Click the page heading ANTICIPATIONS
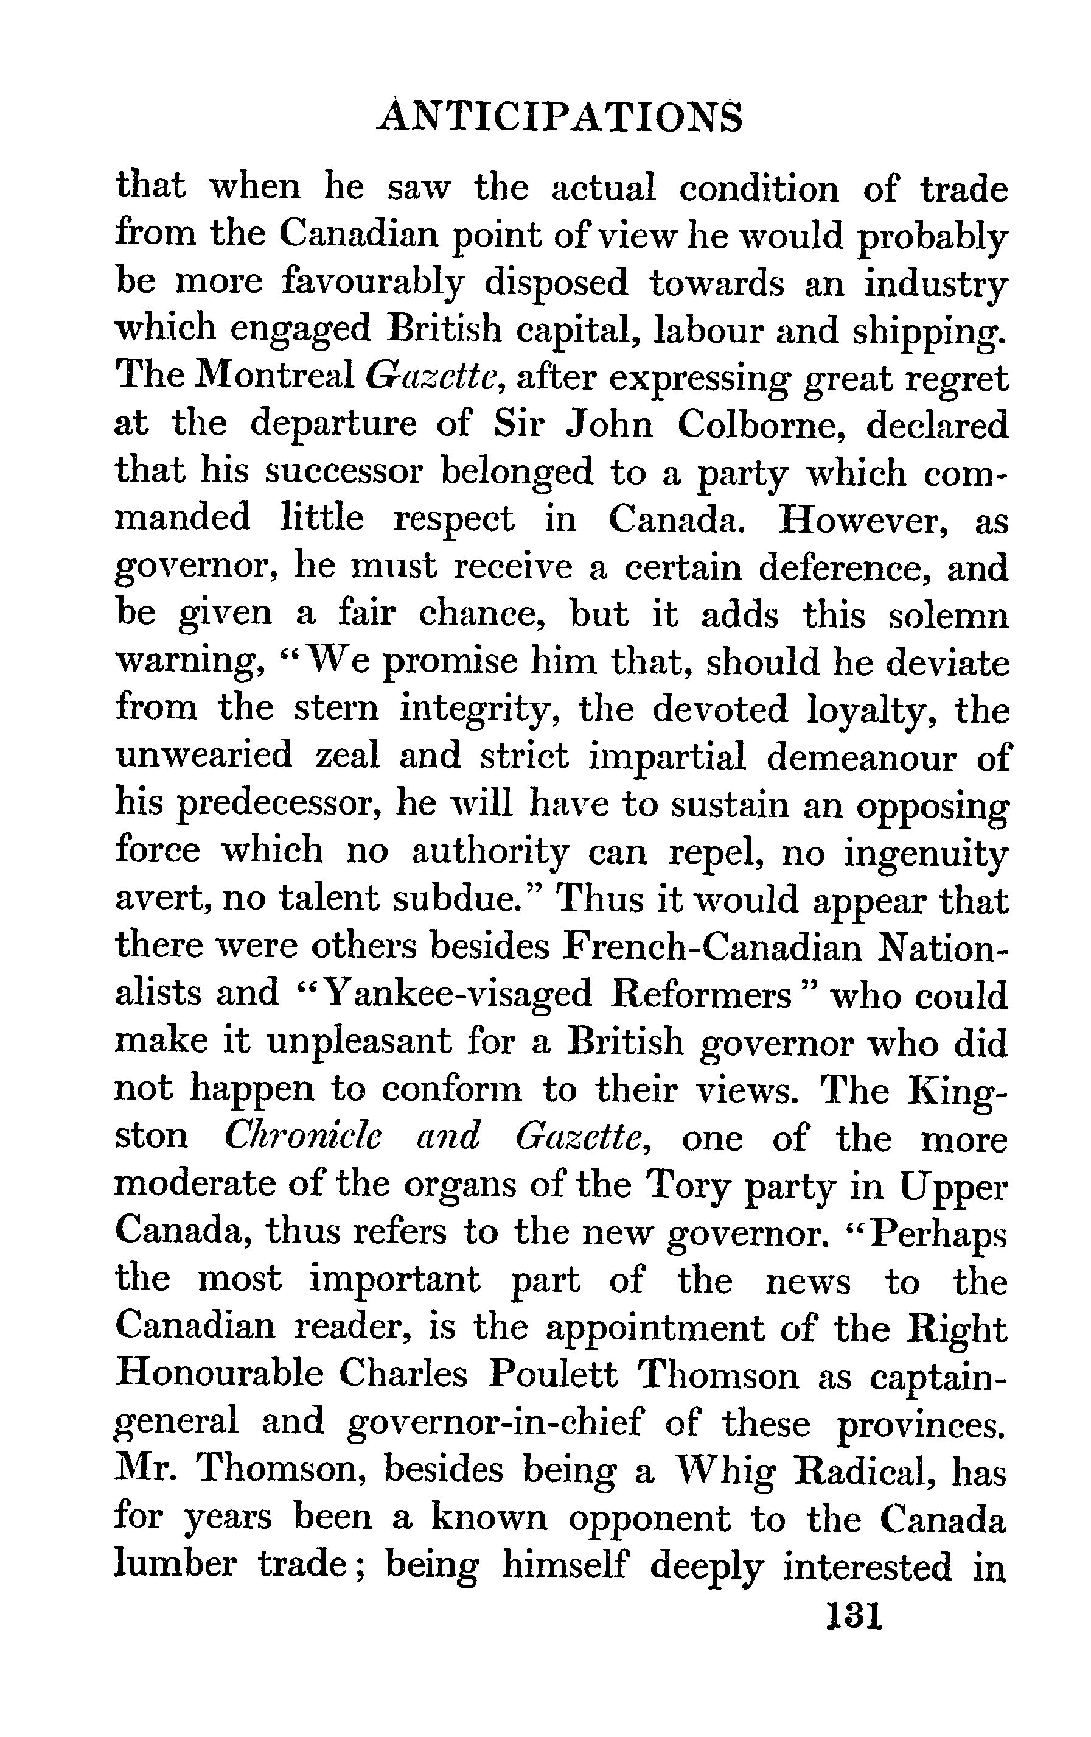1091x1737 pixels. tap(559, 118)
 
